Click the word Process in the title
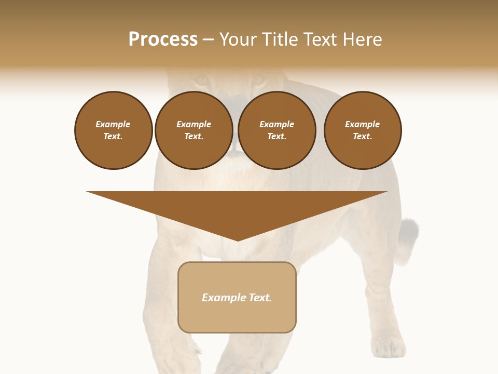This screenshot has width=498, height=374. coord(163,39)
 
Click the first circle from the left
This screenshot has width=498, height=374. coord(113,130)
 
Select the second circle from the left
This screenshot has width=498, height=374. coord(193,130)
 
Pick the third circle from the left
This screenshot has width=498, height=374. coord(276,130)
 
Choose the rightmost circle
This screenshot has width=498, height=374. coord(363,130)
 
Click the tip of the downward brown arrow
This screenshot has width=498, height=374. coord(238,239)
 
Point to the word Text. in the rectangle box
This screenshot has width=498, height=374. coord(260,298)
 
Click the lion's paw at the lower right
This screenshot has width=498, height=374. coord(388,347)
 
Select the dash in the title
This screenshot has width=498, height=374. coord(208,40)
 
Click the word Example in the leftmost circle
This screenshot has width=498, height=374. coord(113,124)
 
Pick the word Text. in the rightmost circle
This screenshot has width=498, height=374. coord(363,137)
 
